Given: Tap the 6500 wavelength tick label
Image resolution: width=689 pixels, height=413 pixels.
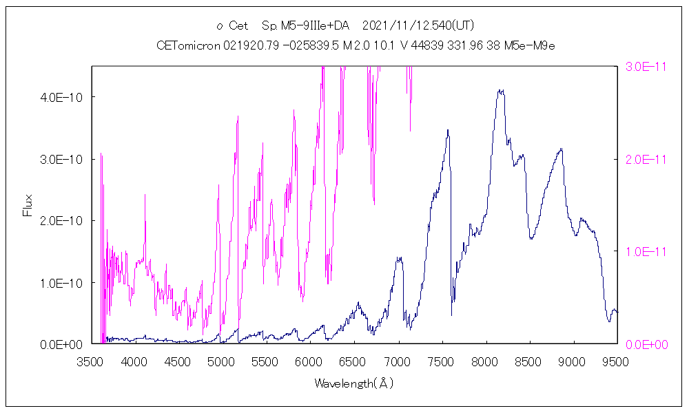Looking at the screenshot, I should (353, 361).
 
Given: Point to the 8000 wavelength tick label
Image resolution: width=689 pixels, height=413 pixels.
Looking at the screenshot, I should (484, 361).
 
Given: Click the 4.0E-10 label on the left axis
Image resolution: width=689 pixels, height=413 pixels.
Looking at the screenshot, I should (63, 97).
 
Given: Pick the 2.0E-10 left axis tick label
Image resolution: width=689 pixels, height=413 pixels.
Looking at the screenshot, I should (63, 220).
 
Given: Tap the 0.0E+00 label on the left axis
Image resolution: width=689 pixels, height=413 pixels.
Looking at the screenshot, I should (63, 343).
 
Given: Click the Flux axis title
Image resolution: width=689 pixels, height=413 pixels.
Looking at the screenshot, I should (28, 205).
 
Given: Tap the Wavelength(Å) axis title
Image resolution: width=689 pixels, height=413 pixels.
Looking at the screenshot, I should (353, 383).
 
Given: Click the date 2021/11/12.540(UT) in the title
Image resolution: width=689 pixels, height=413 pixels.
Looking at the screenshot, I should (418, 26).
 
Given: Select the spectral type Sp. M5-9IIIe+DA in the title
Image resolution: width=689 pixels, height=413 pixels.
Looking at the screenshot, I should (305, 26).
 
